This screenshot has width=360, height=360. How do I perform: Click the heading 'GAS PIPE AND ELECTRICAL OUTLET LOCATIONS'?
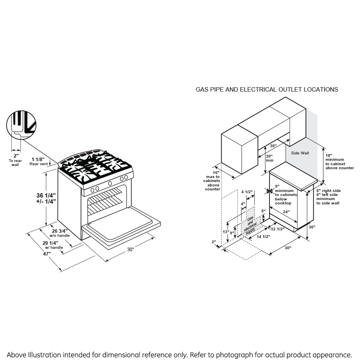tap(266, 90)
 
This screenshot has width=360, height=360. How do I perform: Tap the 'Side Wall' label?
tap(300, 153)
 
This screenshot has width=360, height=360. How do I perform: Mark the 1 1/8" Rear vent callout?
tap(39, 161)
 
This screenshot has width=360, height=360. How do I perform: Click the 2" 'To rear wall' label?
tap(16, 160)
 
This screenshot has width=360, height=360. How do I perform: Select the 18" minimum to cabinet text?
tap(339, 162)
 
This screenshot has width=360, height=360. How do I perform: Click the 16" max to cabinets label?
tap(213, 179)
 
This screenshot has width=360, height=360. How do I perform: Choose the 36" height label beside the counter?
tap(312, 227)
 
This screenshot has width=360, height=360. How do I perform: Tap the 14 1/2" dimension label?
tap(263, 236)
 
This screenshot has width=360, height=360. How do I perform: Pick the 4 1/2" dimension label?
tap(247, 192)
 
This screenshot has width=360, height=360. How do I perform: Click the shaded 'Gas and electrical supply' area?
tap(250, 224)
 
